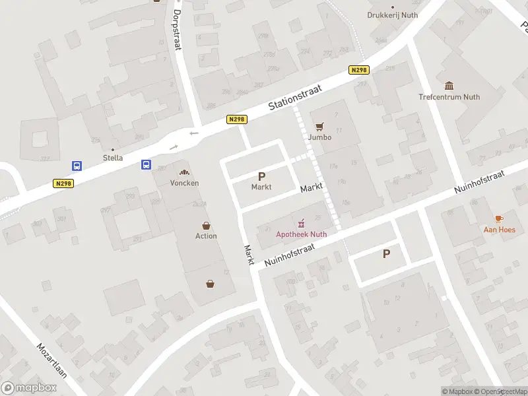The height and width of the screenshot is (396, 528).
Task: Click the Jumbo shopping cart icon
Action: click(x=320, y=126)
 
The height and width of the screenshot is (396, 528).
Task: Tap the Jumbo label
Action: click(x=320, y=137)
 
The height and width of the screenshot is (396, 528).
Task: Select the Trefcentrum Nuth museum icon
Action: click(x=449, y=86)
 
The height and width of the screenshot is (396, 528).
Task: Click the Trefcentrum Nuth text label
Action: click(x=449, y=97)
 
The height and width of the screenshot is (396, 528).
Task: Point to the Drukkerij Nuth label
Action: click(x=393, y=15)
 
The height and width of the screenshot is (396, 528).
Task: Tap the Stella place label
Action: click(x=113, y=158)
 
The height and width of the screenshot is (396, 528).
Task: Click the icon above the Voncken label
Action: click(x=184, y=172)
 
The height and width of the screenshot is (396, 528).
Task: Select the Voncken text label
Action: click(x=184, y=183)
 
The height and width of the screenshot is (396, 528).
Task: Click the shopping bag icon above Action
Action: click(x=206, y=225)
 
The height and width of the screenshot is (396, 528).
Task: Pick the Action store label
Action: click(x=206, y=236)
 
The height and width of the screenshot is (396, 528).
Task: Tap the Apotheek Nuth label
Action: click(x=302, y=233)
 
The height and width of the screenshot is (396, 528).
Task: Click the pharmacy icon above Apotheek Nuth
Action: click(x=302, y=222)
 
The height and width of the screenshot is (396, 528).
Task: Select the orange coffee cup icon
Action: click(x=499, y=218)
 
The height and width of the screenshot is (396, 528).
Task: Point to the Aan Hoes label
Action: click(x=499, y=230)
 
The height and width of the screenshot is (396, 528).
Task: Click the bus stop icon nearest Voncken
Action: click(x=147, y=165)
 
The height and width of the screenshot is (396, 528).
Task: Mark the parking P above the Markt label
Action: click(x=261, y=176)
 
